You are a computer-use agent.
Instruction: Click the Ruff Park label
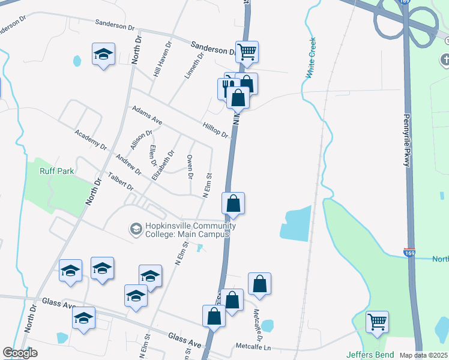point(56,171)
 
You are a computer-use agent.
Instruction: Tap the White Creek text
point(310,59)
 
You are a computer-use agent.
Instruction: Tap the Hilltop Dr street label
point(216,128)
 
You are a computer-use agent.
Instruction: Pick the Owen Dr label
point(190,166)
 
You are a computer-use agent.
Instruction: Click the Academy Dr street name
point(90,140)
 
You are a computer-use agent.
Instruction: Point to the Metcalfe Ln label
point(253,347)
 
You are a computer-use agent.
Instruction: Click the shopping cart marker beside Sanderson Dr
point(247,52)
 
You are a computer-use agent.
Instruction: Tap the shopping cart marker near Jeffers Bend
point(376,322)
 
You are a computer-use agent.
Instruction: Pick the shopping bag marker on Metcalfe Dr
point(259,284)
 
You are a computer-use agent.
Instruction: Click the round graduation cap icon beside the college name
point(136,229)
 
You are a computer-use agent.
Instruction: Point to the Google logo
point(20,353)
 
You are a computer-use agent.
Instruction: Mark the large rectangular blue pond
point(296,224)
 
